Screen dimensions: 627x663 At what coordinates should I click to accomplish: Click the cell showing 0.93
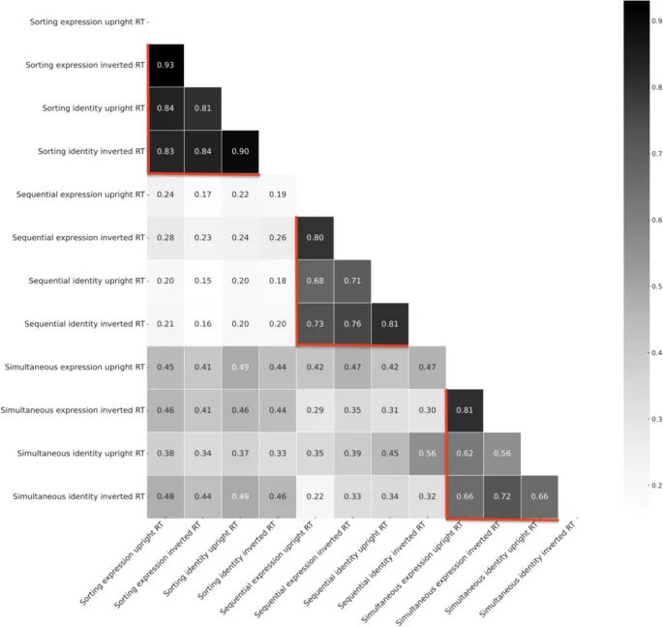click(166, 65)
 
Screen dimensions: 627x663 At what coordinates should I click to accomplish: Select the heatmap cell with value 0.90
click(240, 151)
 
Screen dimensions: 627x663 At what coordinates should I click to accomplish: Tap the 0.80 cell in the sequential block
click(315, 237)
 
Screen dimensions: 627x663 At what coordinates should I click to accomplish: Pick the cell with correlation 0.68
click(315, 281)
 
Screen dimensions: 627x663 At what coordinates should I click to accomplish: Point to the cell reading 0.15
click(202, 281)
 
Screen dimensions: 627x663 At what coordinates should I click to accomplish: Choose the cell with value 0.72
click(501, 496)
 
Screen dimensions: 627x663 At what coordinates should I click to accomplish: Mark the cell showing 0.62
click(464, 453)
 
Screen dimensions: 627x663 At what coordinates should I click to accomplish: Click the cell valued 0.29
click(315, 410)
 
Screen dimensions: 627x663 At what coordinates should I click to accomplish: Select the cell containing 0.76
click(352, 323)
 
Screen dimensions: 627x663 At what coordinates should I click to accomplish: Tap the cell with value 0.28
click(166, 237)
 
